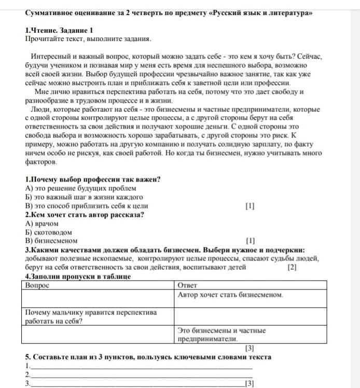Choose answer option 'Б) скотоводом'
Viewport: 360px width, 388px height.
48,232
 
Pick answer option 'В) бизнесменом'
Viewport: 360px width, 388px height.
51,241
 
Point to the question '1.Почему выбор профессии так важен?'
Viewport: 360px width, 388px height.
92,179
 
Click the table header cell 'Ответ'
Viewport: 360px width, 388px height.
187,285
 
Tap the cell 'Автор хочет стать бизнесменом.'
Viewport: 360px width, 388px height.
230,295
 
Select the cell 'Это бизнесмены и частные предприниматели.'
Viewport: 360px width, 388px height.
221,335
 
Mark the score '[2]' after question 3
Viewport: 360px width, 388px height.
292,268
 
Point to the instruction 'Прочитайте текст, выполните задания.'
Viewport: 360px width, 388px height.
88,39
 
